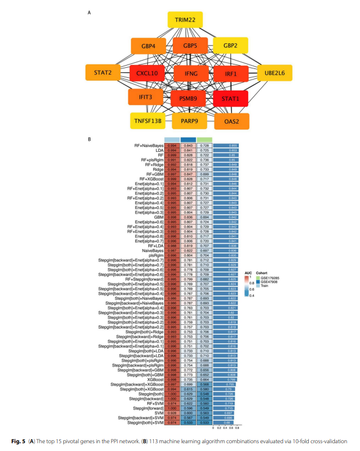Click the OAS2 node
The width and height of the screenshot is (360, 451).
(232, 120)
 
